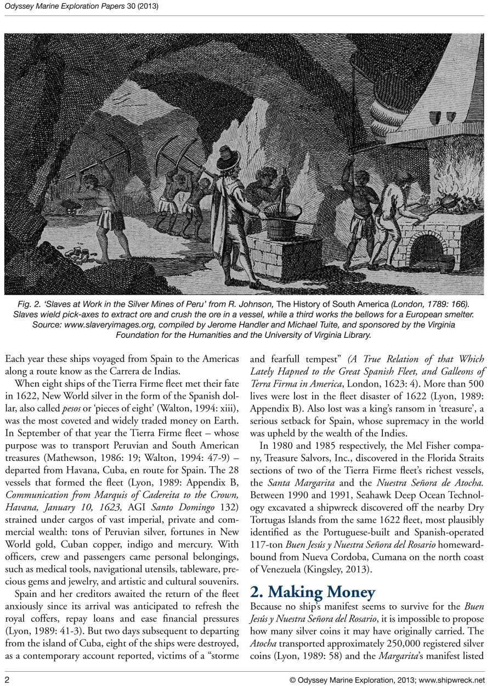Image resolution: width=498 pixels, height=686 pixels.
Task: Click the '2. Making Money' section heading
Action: pyautogui.click(x=313, y=592)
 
